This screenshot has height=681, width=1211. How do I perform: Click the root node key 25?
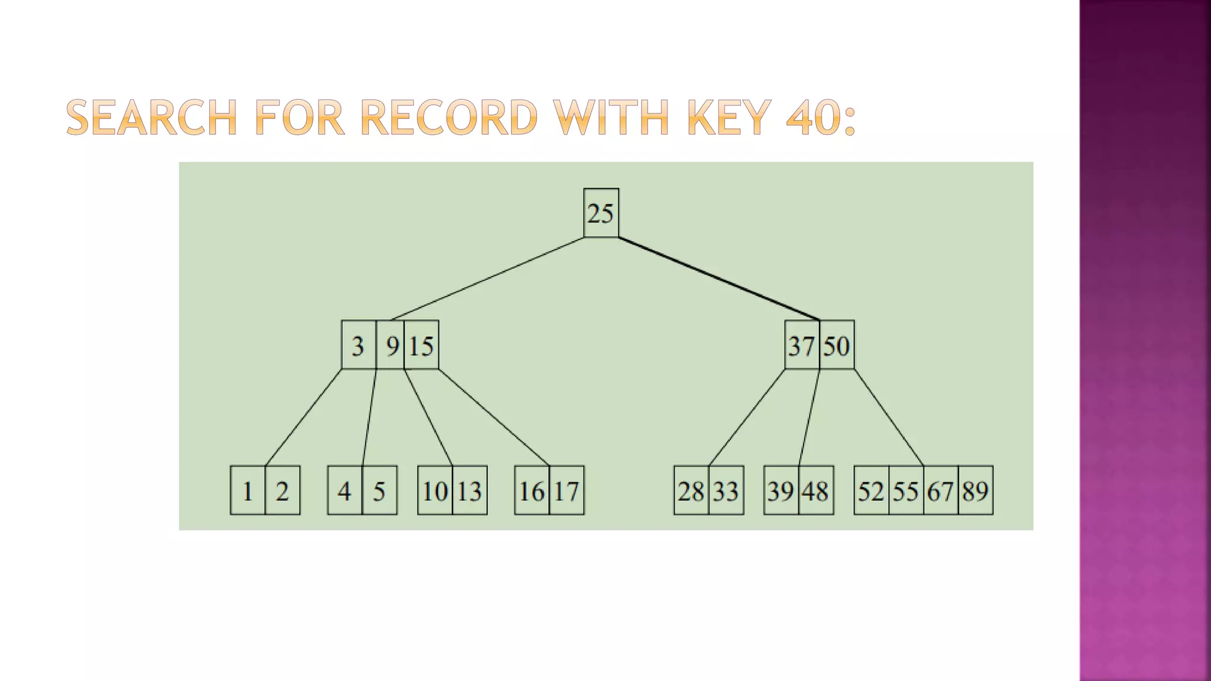coord(601,213)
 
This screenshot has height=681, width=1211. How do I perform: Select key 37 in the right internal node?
coord(802,345)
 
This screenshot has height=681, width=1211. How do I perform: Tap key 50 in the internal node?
coord(837,345)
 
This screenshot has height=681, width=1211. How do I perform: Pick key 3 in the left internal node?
coord(358,345)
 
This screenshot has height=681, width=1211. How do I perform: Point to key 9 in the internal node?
coord(391,345)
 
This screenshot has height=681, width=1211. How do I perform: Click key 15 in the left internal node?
coord(422,345)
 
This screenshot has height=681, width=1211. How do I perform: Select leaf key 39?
coord(781,491)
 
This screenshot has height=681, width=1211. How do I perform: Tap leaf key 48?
coord(815,491)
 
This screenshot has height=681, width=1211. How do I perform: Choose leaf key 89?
coord(975,491)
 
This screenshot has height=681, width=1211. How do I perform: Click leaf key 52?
coord(871,491)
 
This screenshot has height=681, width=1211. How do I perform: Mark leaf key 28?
coord(691,491)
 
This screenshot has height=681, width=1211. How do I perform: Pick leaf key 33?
coord(726,491)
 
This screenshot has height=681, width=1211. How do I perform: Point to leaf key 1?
coord(248,491)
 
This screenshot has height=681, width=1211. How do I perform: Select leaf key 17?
coord(566,491)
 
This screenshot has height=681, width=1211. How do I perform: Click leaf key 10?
coord(435,491)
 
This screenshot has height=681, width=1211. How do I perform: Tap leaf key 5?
coord(379,491)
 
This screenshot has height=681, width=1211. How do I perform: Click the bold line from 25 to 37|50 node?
coord(718,278)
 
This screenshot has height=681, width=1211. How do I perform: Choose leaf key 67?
coord(940,491)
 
